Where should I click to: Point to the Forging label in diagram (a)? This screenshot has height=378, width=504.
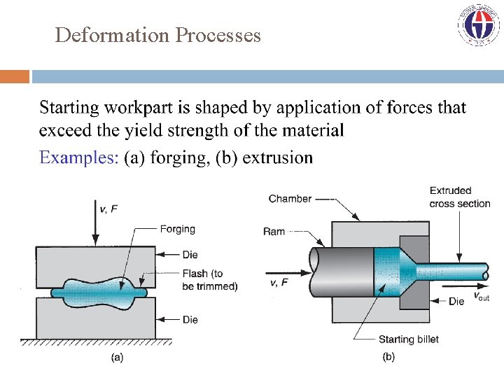[x=178, y=229]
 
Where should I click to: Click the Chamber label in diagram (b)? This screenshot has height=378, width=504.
[x=290, y=199]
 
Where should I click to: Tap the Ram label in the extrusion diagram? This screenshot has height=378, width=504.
[x=274, y=231]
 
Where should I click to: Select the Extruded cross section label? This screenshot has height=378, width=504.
[x=460, y=197]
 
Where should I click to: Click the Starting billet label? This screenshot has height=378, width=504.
[x=409, y=339]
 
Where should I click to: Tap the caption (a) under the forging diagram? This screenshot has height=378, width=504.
[x=118, y=357]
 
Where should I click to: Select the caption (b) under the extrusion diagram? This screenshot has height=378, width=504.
[x=388, y=357]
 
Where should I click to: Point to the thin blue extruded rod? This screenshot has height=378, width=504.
[x=455, y=269]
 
